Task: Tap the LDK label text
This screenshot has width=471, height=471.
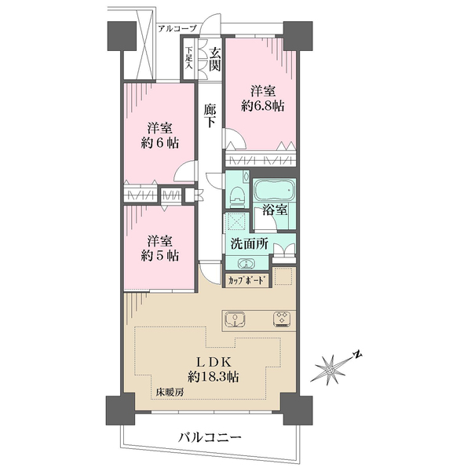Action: coord(214,362)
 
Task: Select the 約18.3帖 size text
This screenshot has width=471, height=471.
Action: coord(214,376)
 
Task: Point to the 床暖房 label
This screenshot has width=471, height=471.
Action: coord(170,392)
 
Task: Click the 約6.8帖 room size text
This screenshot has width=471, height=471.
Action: coord(263,106)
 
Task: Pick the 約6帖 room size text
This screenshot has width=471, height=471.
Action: coord(160,143)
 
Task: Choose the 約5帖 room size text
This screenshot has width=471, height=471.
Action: coord(160,255)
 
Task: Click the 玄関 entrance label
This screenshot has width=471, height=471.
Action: coord(215,60)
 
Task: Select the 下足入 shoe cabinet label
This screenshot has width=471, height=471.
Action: coord(188,57)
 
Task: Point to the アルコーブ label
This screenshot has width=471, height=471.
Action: coord(177,29)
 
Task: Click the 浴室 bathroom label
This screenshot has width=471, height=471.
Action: coord(275,210)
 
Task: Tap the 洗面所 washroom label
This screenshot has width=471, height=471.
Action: coord(250,244)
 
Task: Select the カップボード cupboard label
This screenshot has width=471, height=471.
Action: coord(247,281)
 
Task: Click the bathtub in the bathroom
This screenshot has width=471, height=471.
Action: coord(275,190)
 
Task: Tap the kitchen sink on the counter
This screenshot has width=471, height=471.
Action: coord(235,320)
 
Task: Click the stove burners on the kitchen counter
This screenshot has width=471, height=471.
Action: coord(282,319)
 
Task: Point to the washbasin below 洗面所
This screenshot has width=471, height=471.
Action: coord(246,263)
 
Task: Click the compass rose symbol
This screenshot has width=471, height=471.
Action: coord(330,370)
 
